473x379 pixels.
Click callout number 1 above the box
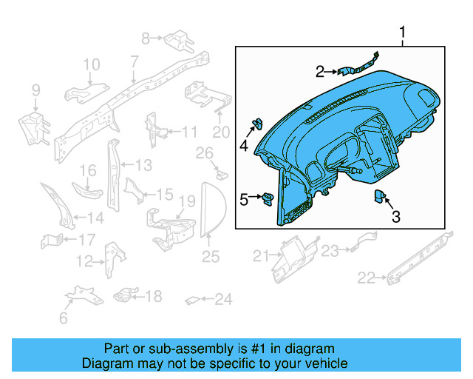tap(403, 33)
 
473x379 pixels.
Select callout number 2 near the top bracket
tap(320, 72)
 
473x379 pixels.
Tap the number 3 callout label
tap(395, 217)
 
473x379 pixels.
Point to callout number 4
tap(244, 146)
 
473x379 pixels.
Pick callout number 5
tap(244, 198)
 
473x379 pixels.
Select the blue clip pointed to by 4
tap(259, 123)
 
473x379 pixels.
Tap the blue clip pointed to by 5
tap(268, 198)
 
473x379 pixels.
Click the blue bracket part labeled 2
tap(358, 65)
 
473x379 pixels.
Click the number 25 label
tap(211, 257)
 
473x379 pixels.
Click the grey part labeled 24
tap(191, 300)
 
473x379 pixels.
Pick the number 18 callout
tap(153, 297)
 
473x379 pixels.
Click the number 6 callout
tap(63, 318)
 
